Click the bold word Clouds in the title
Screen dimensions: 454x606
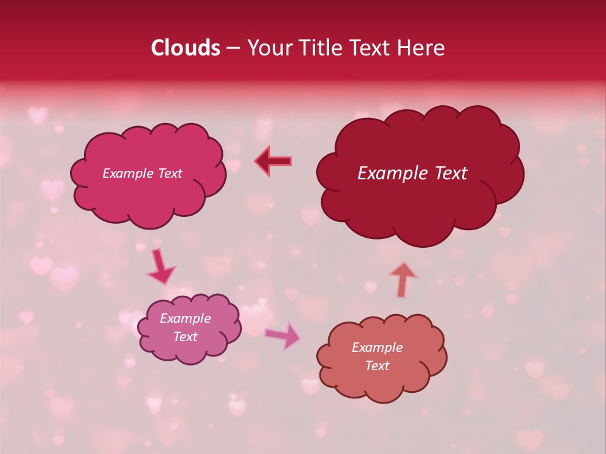click(x=185, y=48)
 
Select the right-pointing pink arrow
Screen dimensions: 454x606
click(x=283, y=335)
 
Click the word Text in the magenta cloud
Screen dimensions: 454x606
click(x=169, y=173)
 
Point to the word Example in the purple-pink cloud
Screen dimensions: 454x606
click(x=185, y=318)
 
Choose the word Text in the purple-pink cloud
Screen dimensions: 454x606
click(x=185, y=337)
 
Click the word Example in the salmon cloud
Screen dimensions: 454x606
click(x=377, y=347)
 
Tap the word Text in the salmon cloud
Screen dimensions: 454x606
click(x=377, y=366)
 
